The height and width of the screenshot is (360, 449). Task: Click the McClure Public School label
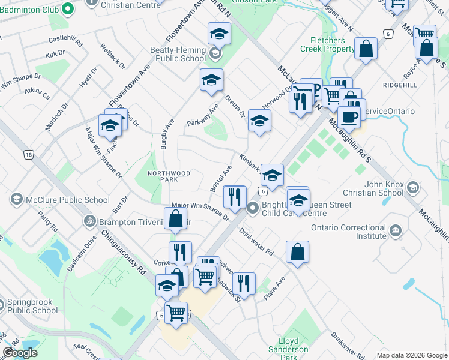click(67, 200)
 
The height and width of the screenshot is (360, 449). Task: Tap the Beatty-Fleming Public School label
click(181, 55)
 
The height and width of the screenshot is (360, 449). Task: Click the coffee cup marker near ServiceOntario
click(349, 117)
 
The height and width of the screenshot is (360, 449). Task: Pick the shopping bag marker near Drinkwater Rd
click(297, 252)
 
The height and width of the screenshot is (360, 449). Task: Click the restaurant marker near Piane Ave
click(244, 283)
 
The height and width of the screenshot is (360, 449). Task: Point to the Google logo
click(20, 353)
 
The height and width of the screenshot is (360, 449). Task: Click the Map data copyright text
click(411, 355)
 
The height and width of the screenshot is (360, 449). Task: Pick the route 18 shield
click(29, 154)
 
